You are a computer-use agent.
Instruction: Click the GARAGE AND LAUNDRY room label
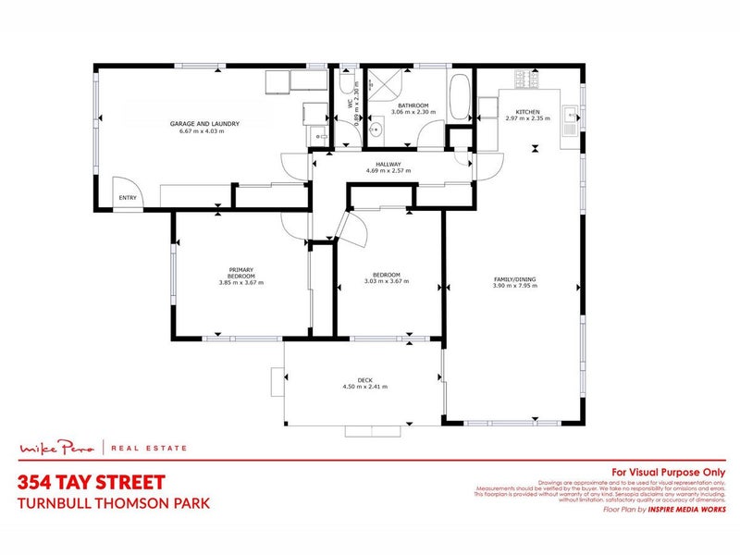tap(204, 123)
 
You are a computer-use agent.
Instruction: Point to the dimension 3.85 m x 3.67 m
tap(240, 282)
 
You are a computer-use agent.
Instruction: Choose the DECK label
tap(364, 378)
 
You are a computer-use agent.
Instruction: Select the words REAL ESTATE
tap(148, 449)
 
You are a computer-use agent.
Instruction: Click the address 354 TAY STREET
tap(92, 482)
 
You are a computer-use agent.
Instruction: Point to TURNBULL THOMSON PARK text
tap(114, 503)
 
